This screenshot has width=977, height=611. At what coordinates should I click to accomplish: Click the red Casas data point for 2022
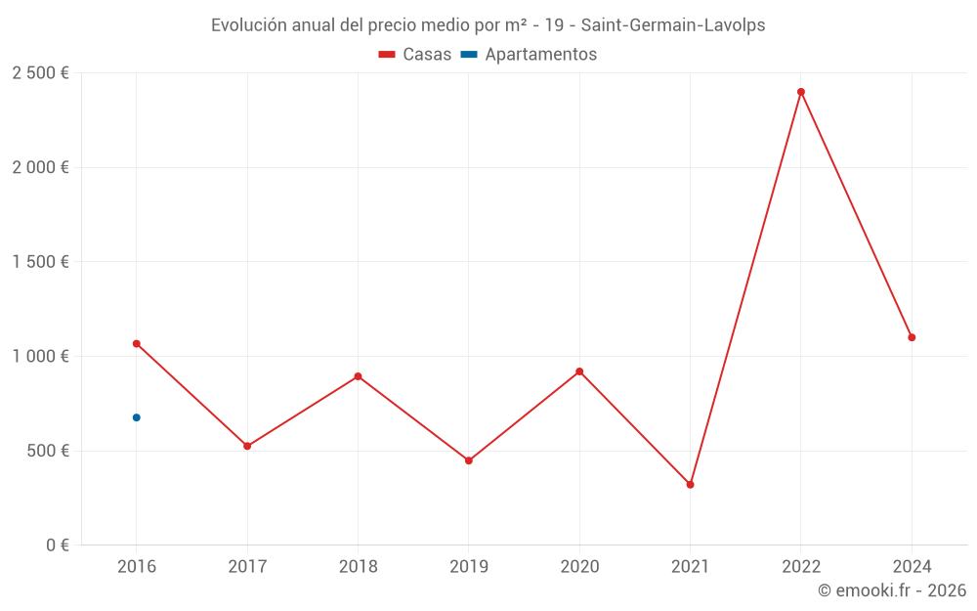(801, 92)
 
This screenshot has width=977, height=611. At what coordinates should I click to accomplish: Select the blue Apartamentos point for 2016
(137, 417)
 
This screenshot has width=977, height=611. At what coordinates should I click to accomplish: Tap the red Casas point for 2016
(137, 344)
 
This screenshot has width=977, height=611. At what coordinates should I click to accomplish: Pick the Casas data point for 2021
(690, 485)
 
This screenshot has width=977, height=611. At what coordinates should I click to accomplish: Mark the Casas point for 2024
(912, 337)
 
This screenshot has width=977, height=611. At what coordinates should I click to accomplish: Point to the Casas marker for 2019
(469, 460)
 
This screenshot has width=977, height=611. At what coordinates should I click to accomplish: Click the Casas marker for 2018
(358, 376)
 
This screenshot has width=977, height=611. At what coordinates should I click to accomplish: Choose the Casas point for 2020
(579, 371)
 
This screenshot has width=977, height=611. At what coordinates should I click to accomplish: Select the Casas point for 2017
(247, 446)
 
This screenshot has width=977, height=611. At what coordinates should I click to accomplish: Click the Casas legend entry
(415, 55)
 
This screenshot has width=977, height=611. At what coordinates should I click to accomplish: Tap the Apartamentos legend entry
(529, 55)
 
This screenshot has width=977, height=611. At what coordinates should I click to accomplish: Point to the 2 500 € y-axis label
(40, 73)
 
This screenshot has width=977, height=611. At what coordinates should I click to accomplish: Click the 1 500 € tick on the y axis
(40, 262)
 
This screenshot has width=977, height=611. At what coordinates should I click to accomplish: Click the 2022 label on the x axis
(801, 566)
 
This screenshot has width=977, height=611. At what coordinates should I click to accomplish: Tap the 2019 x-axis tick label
(469, 566)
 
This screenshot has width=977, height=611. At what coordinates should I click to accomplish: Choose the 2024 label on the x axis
(912, 566)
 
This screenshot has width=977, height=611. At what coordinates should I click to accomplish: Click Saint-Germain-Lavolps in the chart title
(673, 25)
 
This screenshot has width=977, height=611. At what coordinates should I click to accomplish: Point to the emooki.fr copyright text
(892, 590)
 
